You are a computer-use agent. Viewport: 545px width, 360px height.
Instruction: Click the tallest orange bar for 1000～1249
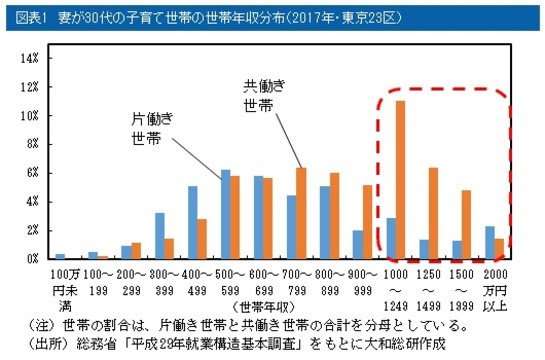(401, 180)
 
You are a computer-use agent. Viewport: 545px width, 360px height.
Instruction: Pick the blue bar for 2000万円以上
(489, 242)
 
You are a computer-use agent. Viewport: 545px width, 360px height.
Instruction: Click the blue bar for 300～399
(160, 236)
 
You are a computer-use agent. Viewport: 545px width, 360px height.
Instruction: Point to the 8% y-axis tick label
(30, 144)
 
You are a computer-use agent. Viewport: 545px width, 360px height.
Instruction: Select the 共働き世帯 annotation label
(264, 93)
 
